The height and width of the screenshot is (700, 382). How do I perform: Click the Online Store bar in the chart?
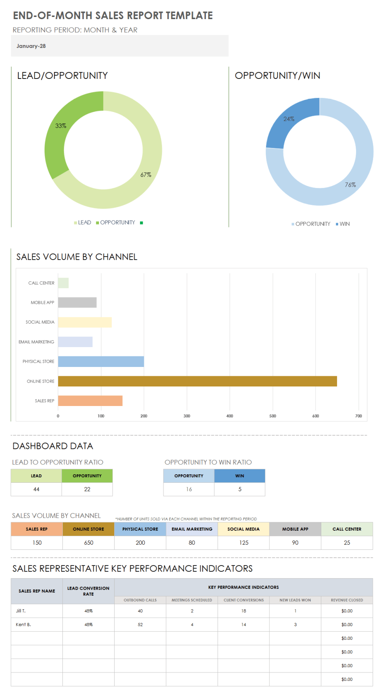(x=197, y=381)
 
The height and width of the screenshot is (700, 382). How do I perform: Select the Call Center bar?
(x=63, y=283)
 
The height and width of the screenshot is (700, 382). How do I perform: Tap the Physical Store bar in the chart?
(x=101, y=361)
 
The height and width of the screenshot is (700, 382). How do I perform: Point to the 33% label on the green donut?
(x=61, y=126)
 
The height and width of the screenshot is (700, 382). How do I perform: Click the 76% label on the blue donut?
(x=350, y=185)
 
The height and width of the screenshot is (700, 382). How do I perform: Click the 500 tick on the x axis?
(x=272, y=416)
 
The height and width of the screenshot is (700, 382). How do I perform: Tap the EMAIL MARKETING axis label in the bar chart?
(x=37, y=342)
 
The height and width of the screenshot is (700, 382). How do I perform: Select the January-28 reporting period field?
(x=120, y=46)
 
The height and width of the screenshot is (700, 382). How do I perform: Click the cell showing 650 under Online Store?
(x=89, y=543)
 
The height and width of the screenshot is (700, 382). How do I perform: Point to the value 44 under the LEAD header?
(x=37, y=489)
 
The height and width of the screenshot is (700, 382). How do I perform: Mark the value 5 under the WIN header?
(x=240, y=489)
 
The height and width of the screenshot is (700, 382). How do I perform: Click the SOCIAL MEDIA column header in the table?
(x=244, y=529)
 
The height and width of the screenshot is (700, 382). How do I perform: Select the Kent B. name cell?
(x=23, y=624)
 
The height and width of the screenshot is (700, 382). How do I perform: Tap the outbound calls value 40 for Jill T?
(x=140, y=611)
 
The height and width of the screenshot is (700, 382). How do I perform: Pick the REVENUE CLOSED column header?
(x=347, y=600)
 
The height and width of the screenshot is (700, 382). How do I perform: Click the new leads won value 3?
(x=295, y=624)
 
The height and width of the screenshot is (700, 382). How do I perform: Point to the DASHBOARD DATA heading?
(x=53, y=446)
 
